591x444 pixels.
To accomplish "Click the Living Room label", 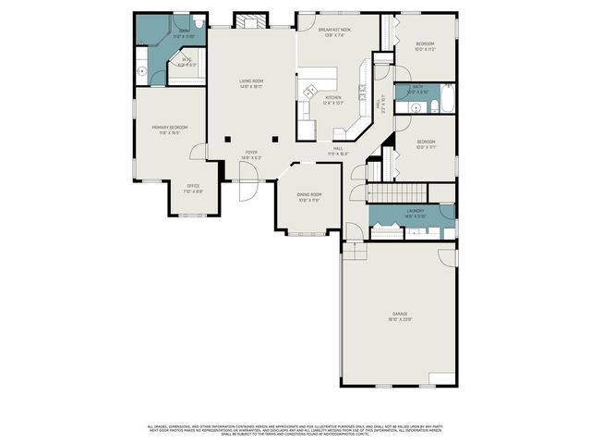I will coord(251,81).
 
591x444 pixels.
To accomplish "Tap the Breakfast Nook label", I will coord(337,31).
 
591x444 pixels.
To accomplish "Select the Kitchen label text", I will coord(333,97).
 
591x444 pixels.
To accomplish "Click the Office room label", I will coord(193,186).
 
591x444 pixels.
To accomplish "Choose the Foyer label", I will coord(251,153).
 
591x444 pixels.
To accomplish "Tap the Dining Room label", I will coord(308,194).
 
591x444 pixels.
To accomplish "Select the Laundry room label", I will coord(416,211).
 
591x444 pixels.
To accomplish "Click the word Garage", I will coord(400,314).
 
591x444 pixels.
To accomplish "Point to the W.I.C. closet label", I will coord(187,60).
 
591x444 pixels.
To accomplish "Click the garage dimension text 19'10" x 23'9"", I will coord(400,320).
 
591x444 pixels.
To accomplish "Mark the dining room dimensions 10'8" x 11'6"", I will coord(308,200).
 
